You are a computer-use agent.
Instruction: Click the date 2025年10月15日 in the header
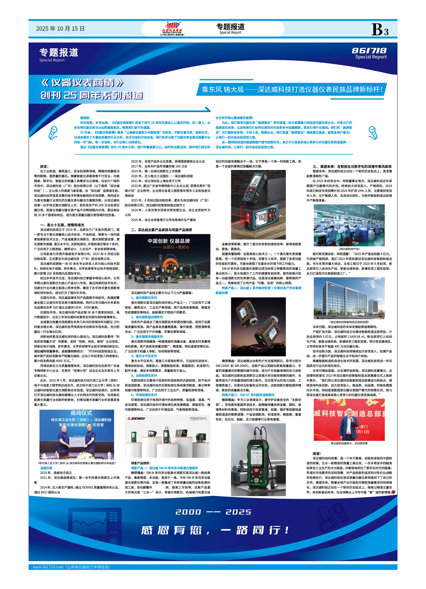(60, 29)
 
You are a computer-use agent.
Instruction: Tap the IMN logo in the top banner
(172, 28)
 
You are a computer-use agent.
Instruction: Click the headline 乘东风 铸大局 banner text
(292, 90)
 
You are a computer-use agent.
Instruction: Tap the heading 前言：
(44, 167)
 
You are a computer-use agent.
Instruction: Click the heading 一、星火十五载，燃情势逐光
(62, 225)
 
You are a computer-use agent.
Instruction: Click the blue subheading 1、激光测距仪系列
(144, 298)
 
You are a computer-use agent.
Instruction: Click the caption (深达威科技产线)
(349, 249)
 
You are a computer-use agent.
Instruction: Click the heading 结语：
(317, 453)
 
